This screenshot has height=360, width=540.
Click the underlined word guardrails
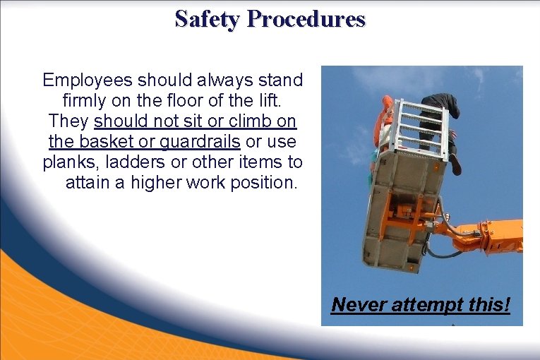(200, 141)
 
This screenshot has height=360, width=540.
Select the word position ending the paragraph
(265, 183)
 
